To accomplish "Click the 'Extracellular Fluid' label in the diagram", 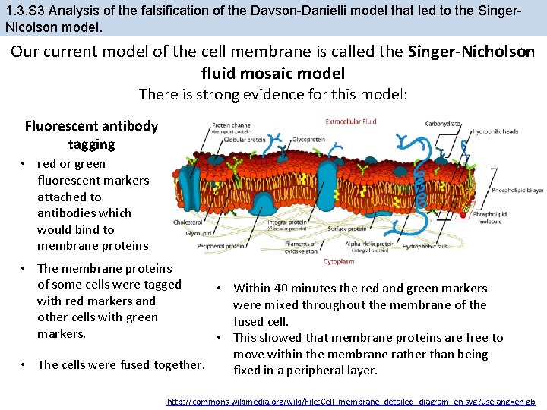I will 351,121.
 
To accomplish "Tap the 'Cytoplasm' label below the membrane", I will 339,261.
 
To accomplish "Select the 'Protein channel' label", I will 232,125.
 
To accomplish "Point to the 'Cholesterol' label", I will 188,222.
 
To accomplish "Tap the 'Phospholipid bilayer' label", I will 517,190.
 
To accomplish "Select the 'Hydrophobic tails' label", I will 422,246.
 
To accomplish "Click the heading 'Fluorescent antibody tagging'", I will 91,134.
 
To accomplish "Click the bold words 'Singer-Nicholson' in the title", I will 471,52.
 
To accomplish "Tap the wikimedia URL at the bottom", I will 351,401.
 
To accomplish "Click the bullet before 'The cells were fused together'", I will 25,364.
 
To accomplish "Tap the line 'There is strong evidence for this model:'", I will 273,95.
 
